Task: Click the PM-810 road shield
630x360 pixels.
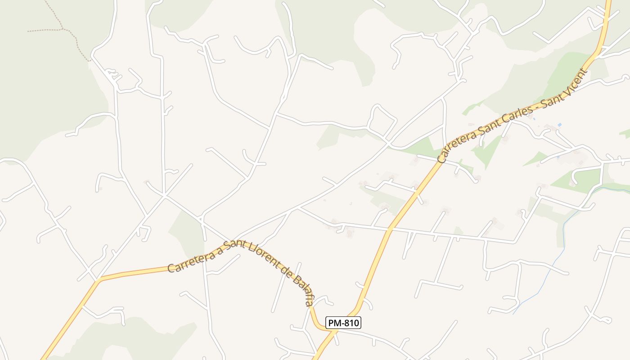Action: click(x=343, y=323)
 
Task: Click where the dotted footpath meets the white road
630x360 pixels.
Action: click(x=90, y=60)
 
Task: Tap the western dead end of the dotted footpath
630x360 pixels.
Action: click(x=28, y=31)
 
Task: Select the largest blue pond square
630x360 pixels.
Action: click(x=559, y=125)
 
